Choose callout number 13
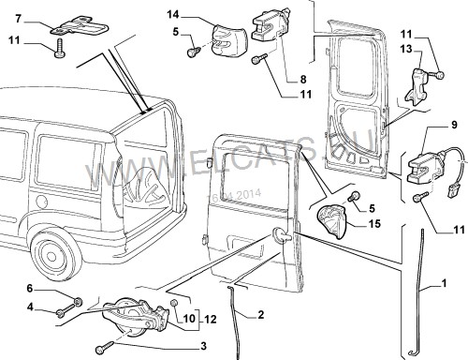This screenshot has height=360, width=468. pyautogui.click(x=431, y=49)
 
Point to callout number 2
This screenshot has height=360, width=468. pyautogui.click(x=259, y=314)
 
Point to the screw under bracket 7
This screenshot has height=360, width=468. pyautogui.click(x=60, y=45)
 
